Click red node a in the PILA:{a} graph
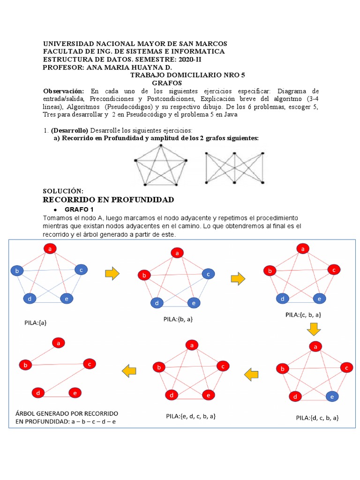[50, 249]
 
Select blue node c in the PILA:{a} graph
[81, 270]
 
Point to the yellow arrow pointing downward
[313, 330]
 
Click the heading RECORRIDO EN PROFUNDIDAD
[108, 200]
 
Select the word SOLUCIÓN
[63, 191]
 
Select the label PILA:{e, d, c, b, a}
[191, 416]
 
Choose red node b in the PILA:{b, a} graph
[145, 275]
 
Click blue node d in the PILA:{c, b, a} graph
[282, 298]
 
